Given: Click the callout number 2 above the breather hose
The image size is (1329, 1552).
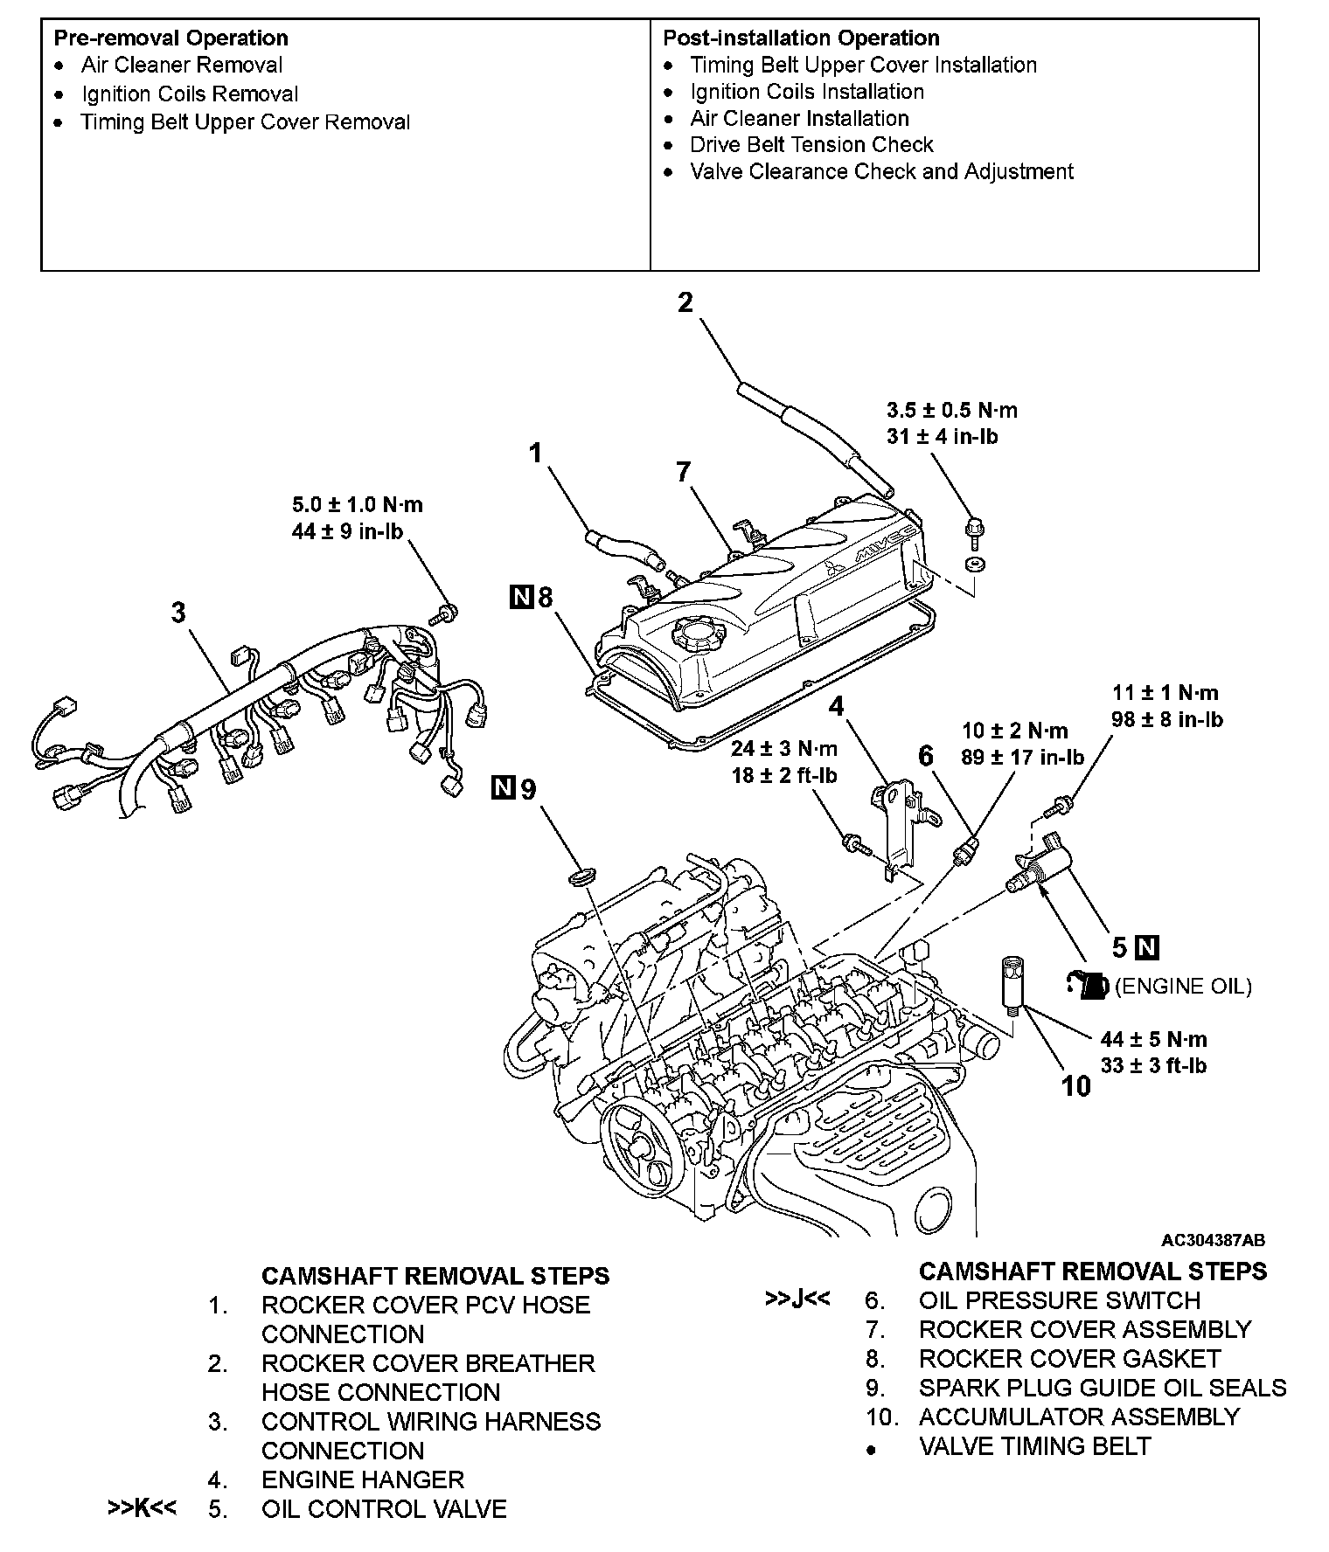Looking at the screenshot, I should tap(685, 302).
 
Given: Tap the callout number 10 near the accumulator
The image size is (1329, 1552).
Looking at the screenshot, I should tap(1076, 1086).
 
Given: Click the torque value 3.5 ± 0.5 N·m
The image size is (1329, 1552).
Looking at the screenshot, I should tap(952, 410).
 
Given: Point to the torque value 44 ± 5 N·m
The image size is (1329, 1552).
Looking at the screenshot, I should tap(1153, 1039).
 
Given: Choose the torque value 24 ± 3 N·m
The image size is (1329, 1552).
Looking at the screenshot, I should tap(784, 749).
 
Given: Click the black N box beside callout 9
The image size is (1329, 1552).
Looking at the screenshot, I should tap(503, 788).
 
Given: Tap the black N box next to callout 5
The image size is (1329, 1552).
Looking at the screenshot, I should tap(1149, 947).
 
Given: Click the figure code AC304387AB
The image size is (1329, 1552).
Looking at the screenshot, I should tap(1213, 1241).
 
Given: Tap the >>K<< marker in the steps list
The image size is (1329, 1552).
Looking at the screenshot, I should tap(142, 1509).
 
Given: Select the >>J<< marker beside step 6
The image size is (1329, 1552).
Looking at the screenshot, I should tap(797, 1299).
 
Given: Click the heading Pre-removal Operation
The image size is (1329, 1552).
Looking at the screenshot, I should tap(170, 38).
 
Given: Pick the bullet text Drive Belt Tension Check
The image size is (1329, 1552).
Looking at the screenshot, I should tap(811, 145).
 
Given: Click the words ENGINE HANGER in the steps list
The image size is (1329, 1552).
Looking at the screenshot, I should tap(362, 1479).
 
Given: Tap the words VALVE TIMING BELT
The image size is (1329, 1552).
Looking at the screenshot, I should tap(1034, 1446).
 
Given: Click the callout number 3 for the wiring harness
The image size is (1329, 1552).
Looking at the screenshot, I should tap(178, 613).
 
